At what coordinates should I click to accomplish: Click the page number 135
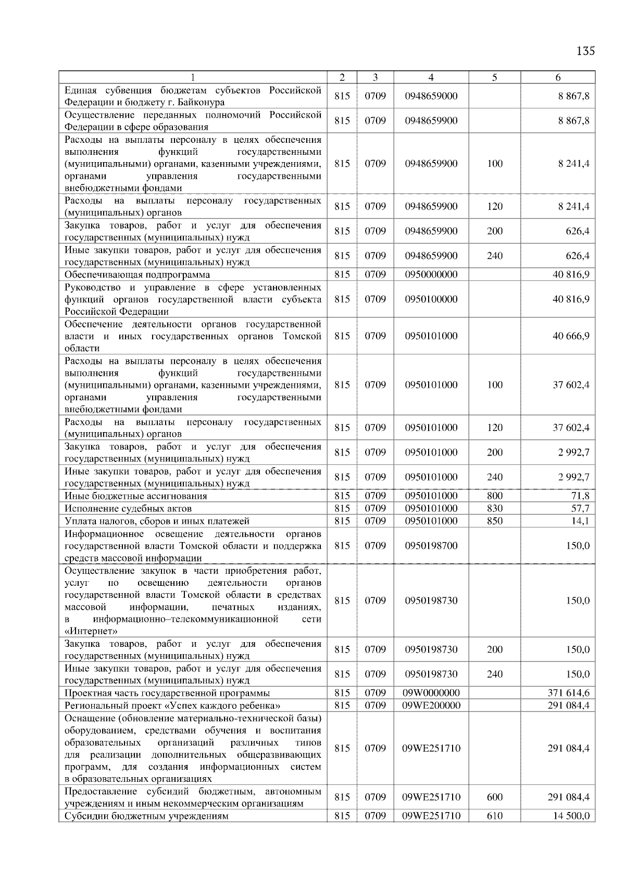pyautogui.click(x=585, y=51)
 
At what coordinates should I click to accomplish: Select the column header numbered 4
pyautogui.click(x=431, y=77)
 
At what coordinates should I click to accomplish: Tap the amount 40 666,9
pyautogui.click(x=571, y=336)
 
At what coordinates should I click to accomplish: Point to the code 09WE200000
pyautogui.click(x=431, y=705)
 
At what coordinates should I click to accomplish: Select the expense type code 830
pyautogui.click(x=494, y=508)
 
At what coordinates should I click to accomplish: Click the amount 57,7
pyautogui.click(x=580, y=508)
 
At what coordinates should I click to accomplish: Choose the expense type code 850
pyautogui.click(x=494, y=521)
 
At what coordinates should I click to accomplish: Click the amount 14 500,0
pyautogui.click(x=571, y=816)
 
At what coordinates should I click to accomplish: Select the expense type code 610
pyautogui.click(x=494, y=816)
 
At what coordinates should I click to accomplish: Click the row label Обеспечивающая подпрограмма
pyautogui.click(x=137, y=275)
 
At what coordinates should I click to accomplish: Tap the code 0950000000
pyautogui.click(x=431, y=275)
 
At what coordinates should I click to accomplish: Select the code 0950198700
pyautogui.click(x=431, y=546)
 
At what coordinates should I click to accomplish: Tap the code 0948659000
pyautogui.click(x=431, y=96)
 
